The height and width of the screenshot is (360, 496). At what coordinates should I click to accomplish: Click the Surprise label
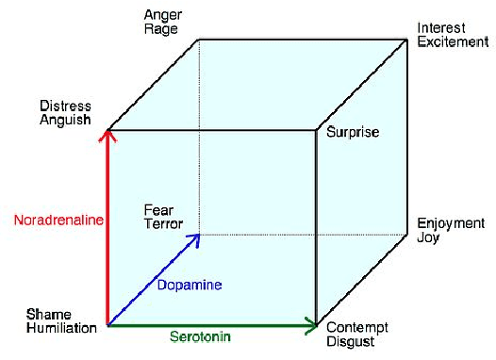coord(352,133)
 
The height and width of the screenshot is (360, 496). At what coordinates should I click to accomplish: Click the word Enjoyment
coord(451,224)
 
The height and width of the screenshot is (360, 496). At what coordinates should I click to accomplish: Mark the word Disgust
coord(350,341)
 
